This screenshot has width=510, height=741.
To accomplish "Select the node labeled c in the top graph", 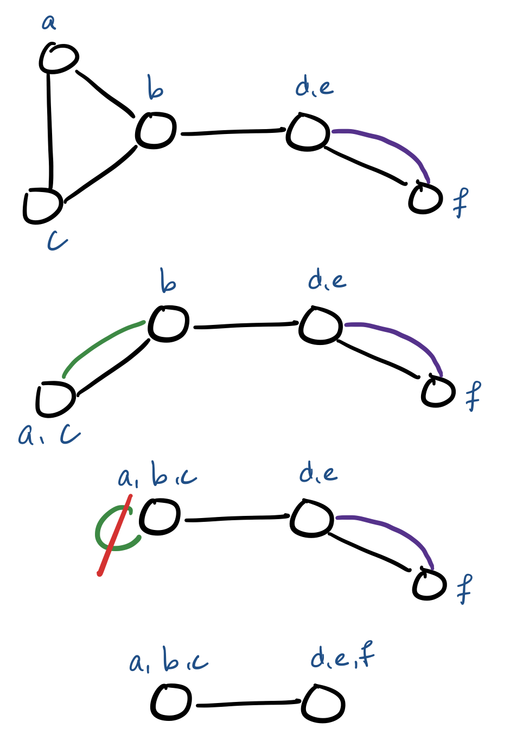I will click(x=42, y=206).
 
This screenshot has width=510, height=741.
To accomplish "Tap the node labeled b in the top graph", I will click(x=156, y=131).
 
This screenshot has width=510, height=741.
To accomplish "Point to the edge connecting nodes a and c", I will click(x=50, y=130).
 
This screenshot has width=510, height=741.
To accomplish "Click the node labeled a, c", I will click(x=55, y=399).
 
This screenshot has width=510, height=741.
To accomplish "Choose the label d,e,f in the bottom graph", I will click(x=342, y=657).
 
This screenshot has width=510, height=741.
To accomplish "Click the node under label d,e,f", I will click(x=323, y=704).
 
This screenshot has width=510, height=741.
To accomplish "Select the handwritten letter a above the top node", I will click(x=49, y=22).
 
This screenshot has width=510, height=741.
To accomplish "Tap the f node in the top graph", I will click(x=425, y=199).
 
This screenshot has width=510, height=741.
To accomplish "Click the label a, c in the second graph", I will click(x=49, y=435).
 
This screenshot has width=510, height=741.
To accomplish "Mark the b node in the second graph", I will click(x=169, y=324).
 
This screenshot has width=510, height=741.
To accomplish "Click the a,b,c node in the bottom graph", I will click(x=171, y=703).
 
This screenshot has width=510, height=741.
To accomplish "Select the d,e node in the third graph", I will click(x=311, y=518).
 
